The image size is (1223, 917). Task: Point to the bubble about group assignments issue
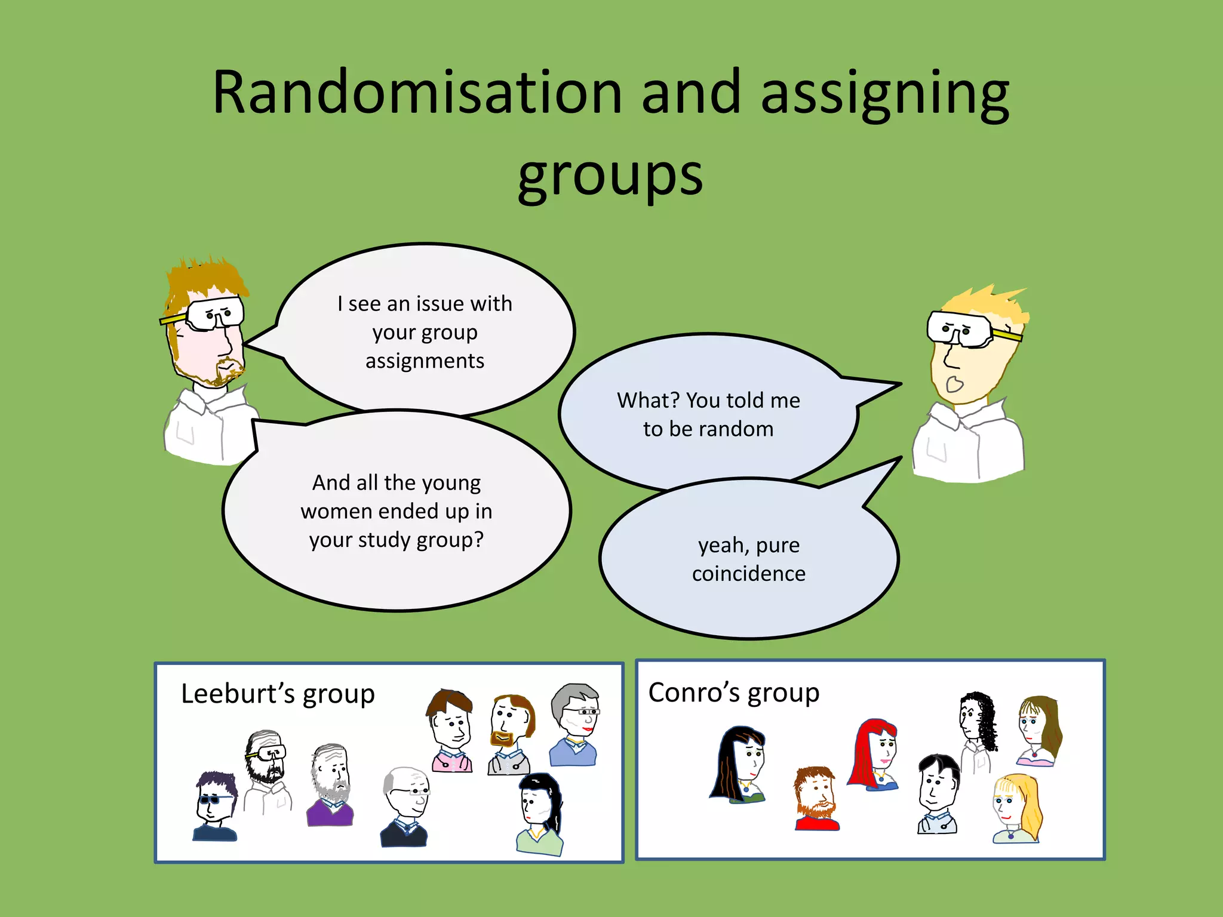point(425,331)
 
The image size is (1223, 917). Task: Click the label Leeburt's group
point(278,694)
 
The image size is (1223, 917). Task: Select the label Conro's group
point(734,693)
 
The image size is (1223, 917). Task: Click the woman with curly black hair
point(977,725)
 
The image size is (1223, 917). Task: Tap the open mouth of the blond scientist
point(954,384)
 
